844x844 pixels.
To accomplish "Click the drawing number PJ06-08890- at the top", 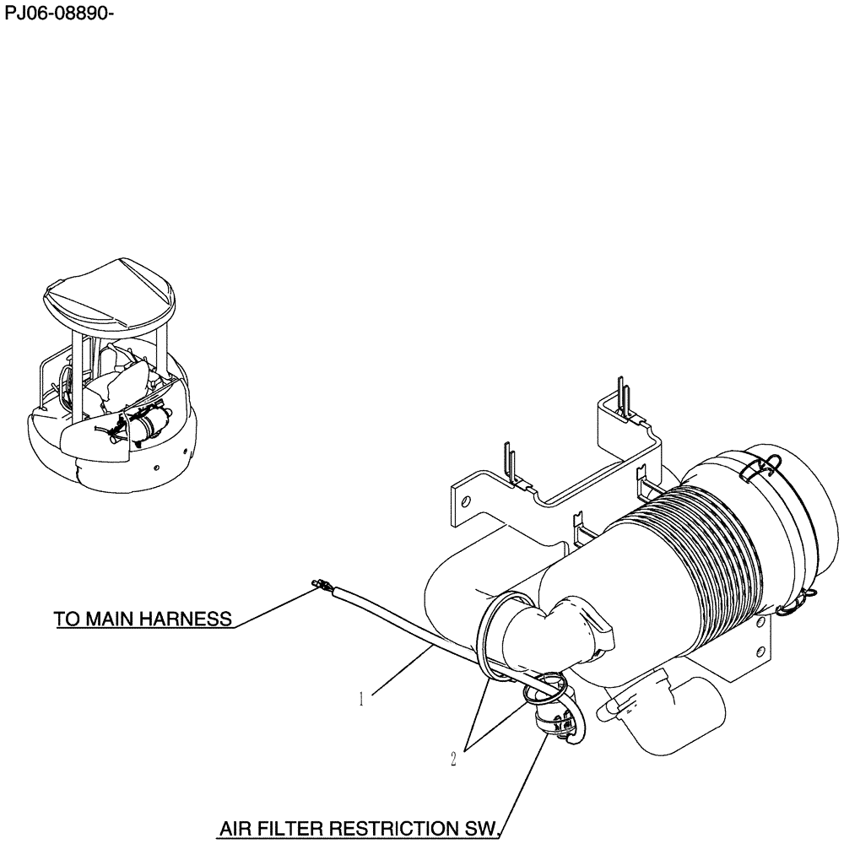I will click(x=58, y=15).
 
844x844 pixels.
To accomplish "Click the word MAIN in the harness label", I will click(x=110, y=619).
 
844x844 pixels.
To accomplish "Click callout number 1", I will click(x=361, y=699).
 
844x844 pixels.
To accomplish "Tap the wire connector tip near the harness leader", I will click(x=319, y=582).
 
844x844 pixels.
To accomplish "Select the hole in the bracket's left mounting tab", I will click(x=463, y=500).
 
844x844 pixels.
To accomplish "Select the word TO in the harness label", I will click(x=68, y=619).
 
